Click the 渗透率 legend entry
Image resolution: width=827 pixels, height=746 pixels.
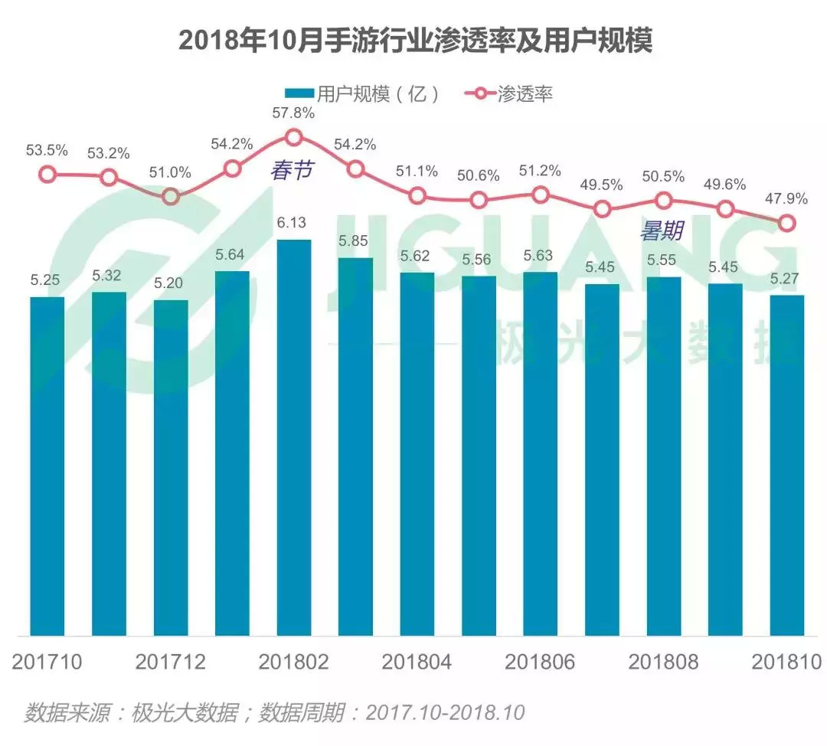pyautogui.click(x=509, y=93)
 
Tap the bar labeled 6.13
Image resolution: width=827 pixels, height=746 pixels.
pyautogui.click(x=294, y=437)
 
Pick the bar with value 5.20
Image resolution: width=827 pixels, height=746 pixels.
pyautogui.click(x=171, y=467)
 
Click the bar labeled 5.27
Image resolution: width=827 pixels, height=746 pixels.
pyautogui.click(x=787, y=465)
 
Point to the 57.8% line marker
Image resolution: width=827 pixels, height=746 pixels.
pyautogui.click(x=294, y=138)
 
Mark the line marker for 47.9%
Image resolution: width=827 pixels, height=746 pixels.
pyautogui.click(x=786, y=224)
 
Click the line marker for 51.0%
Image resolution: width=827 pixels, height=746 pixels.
pyautogui.click(x=171, y=196)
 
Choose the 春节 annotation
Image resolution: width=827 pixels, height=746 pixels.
pyautogui.click(x=291, y=171)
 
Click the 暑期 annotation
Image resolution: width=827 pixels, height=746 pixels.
pyautogui.click(x=662, y=231)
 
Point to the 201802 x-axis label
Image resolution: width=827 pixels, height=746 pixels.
pyautogui.click(x=294, y=662)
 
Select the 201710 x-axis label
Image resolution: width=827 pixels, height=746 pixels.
pyautogui.click(x=47, y=662)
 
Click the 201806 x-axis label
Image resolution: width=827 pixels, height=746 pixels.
pyautogui.click(x=541, y=662)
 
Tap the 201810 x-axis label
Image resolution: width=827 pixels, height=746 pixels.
pyautogui.click(x=786, y=662)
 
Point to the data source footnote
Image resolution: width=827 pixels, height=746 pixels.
pyautogui.click(x=274, y=712)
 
